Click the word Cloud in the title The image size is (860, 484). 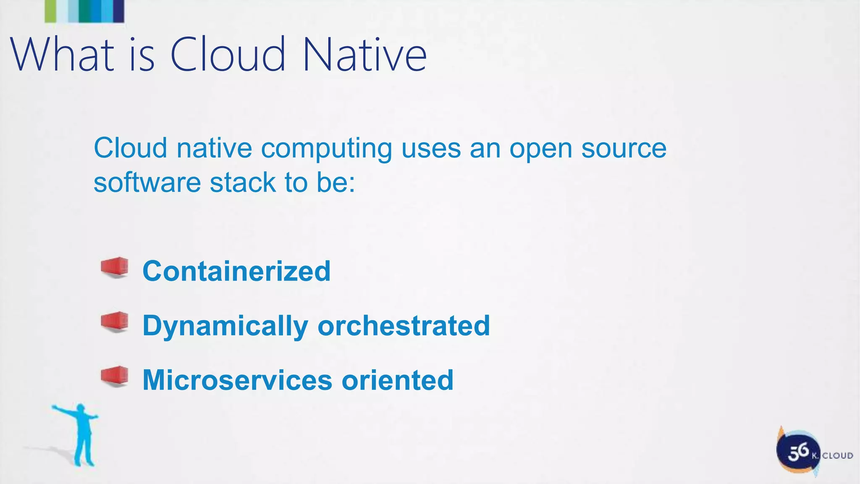click(x=227, y=55)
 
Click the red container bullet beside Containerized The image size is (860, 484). click(x=115, y=267)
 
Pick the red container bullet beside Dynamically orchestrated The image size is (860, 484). click(x=115, y=322)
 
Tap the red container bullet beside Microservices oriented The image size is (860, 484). click(x=115, y=376)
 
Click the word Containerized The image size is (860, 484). click(x=236, y=271)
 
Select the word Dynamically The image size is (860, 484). click(x=225, y=326)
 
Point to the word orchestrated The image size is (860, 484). click(x=404, y=326)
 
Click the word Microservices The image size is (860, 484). click(x=237, y=380)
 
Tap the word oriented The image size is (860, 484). click(x=397, y=380)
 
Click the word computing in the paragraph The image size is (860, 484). click(x=326, y=149)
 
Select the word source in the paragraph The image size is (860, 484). click(x=624, y=149)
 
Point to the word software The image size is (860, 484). click(x=147, y=183)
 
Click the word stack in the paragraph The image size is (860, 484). click(x=242, y=183)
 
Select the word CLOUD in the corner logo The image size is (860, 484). click(x=837, y=456)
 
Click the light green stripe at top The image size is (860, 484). click(x=50, y=11)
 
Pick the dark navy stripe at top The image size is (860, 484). click(x=119, y=11)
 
